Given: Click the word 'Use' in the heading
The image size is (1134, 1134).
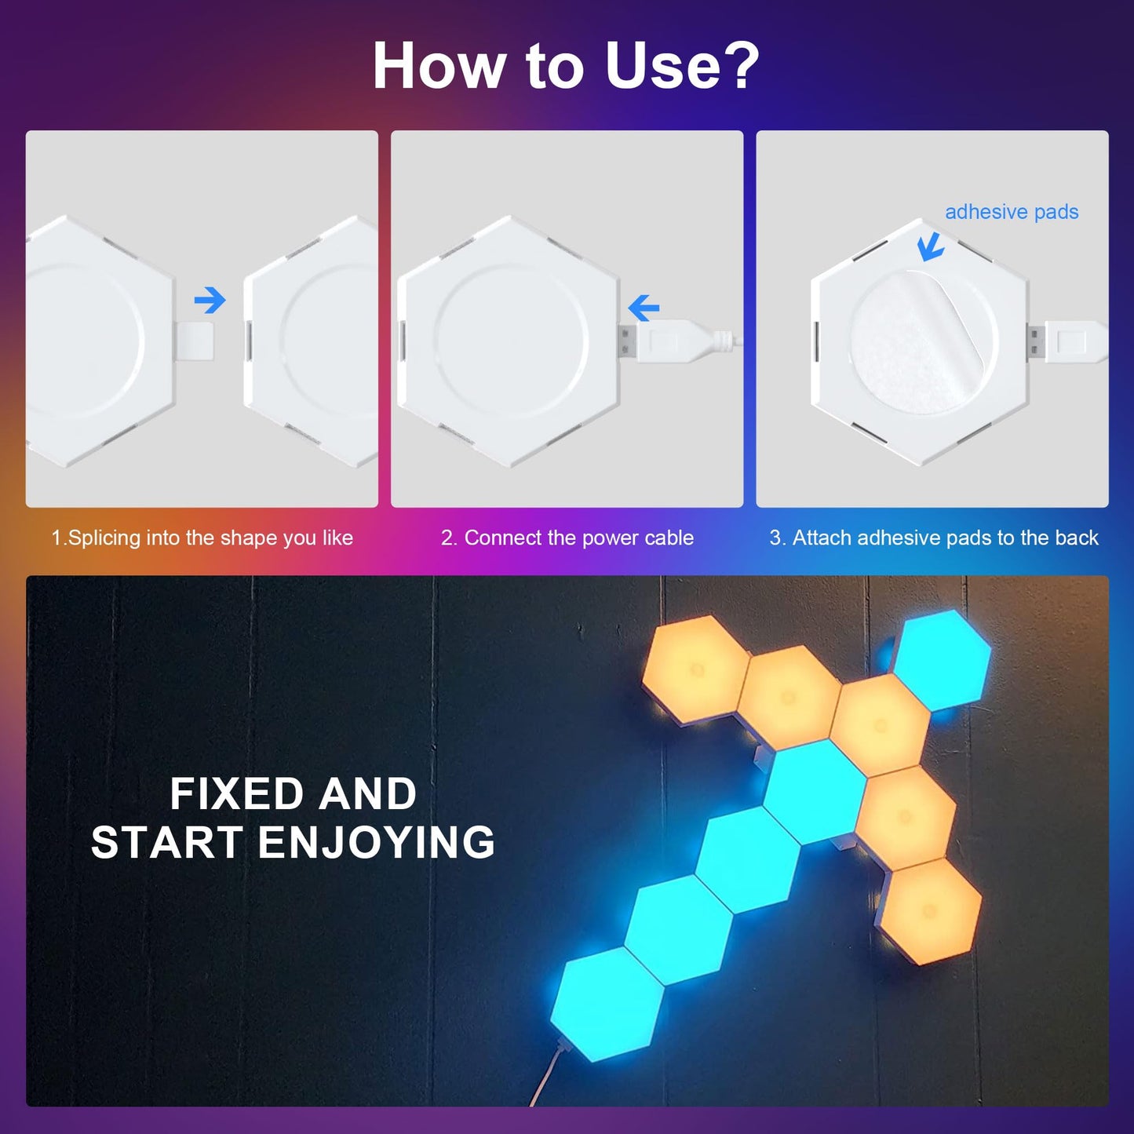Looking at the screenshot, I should point(663,66).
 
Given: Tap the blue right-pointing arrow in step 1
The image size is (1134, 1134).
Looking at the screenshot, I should point(210,300).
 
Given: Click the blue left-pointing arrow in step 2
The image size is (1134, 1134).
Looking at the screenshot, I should point(644,308).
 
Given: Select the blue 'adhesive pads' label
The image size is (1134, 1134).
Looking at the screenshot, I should point(1011,212).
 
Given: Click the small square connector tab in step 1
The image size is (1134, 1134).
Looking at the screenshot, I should point(195,340).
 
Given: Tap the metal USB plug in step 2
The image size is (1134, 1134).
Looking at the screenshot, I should point(626,341).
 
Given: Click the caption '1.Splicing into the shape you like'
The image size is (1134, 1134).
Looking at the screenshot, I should point(202,538).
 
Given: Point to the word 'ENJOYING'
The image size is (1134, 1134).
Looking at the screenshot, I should point(377,843).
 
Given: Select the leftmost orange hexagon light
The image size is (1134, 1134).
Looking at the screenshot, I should point(694,669).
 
